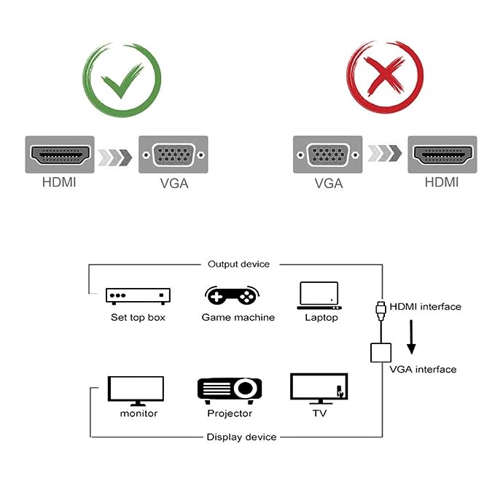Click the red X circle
coord(385,78)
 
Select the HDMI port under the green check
coord(61,155)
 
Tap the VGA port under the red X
coord(327,155)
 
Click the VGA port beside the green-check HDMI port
coord(173,155)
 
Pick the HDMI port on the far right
coord(442,155)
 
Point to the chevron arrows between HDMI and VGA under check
coord(115,155)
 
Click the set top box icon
coord(138,295)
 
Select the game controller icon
coord(231,295)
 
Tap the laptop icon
coord(319,295)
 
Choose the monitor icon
coord(136,390)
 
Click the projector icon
coord(230,389)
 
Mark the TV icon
coord(319,389)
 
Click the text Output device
coord(238,265)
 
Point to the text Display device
coord(241,437)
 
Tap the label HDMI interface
coord(425,307)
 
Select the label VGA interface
coord(423,370)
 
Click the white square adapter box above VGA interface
coord(381,352)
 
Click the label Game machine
coord(238,318)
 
